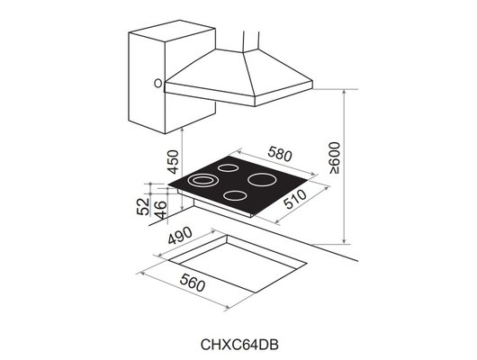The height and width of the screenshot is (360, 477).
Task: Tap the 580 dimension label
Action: pos(280,156)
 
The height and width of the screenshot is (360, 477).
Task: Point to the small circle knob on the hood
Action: pos(157,84)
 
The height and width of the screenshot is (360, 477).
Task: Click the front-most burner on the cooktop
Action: pos(237,197)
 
